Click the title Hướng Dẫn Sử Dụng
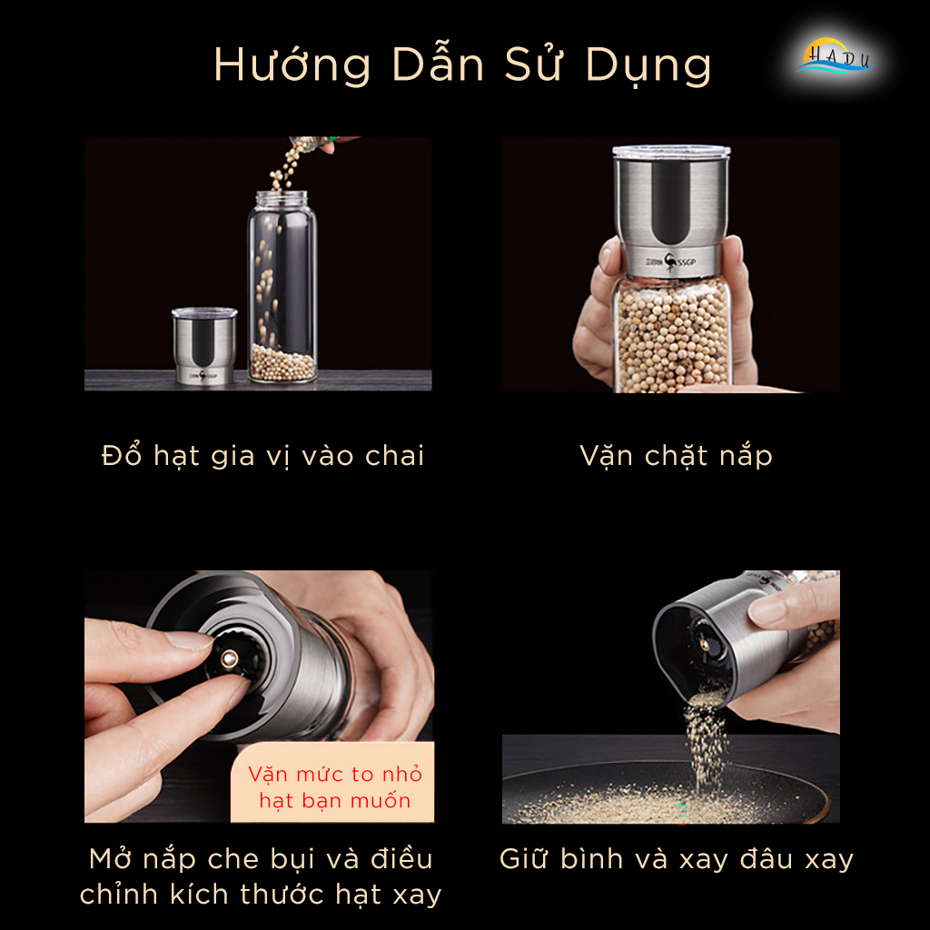coord(462,65)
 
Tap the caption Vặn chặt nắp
coord(676,455)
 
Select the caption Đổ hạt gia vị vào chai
coord(263,455)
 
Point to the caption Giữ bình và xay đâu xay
coord(677,858)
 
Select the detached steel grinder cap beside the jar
coord(204,345)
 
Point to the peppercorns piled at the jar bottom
coord(282,361)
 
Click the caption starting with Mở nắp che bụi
coord(261,876)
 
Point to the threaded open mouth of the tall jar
coord(282,197)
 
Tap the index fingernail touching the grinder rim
coord(189,640)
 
